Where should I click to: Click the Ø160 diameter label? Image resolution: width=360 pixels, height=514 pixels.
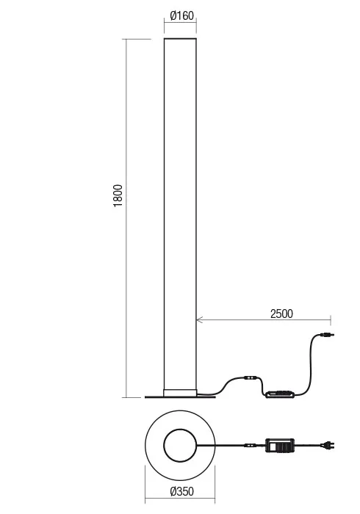tap(180, 15)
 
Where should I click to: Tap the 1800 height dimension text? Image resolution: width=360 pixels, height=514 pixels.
tap(118, 195)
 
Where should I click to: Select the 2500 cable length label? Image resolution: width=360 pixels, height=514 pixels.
tap(281, 314)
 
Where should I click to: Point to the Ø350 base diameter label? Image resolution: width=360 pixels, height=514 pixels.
tap(180, 491)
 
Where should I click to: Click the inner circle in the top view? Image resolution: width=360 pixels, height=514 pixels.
tap(180, 446)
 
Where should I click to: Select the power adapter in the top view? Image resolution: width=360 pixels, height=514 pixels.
tap(280, 445)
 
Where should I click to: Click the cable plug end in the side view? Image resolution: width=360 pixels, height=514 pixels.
tap(325, 337)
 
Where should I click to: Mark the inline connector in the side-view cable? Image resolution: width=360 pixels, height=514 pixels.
tap(251, 379)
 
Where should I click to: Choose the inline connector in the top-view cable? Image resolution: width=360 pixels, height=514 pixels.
tap(251, 445)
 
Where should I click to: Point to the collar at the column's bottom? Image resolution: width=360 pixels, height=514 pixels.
tap(180, 391)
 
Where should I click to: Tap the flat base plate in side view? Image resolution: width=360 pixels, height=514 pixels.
tap(180, 398)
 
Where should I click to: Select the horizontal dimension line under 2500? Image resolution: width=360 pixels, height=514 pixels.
tap(264, 320)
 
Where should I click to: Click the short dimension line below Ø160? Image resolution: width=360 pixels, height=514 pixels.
tap(180, 23)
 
